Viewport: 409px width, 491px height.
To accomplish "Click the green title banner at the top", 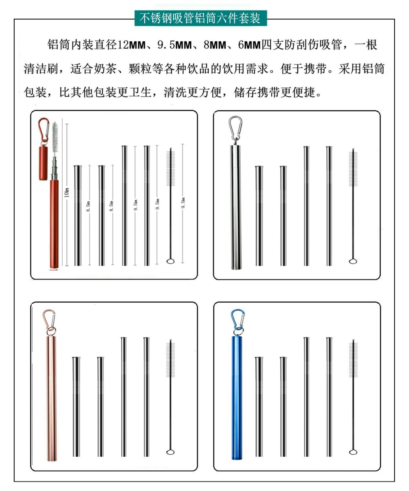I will coord(201,18).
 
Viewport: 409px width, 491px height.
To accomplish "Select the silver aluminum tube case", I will coord(236,207).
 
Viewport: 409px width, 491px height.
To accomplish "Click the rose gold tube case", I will coord(51,398).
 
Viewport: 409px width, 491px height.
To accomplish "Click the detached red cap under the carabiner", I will coord(43,162).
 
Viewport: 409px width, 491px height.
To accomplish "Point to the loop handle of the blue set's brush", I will coord(353,452).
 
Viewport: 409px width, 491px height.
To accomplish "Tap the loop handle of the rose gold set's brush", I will coord(170,452).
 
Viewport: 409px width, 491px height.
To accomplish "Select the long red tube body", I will coord(54,225).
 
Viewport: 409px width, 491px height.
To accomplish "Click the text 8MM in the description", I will coord(215,45).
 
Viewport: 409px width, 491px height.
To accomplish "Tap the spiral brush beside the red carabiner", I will coord(55,138).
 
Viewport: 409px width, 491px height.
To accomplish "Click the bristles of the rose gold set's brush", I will coord(170,360).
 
